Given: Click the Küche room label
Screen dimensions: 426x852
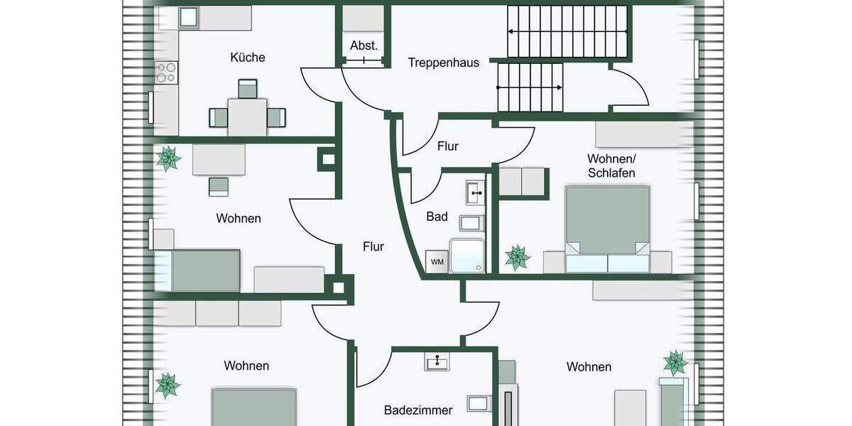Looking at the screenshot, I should click(x=248, y=58).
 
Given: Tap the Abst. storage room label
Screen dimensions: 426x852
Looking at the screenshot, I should click(x=364, y=46).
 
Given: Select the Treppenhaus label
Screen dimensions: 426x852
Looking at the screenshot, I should click(x=443, y=62).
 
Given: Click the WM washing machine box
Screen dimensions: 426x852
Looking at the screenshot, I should click(x=437, y=262).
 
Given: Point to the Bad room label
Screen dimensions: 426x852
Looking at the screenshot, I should click(x=437, y=217).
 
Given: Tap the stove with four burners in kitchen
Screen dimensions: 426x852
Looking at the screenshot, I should click(x=166, y=72).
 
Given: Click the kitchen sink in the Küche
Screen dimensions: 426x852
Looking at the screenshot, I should click(x=187, y=17).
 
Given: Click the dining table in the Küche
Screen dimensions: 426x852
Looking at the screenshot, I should click(x=247, y=116).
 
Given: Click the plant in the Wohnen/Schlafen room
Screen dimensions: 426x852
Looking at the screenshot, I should click(x=517, y=257).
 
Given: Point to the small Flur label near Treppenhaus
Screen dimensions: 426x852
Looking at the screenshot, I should click(x=448, y=147).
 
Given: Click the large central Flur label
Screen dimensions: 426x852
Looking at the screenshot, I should click(x=373, y=247).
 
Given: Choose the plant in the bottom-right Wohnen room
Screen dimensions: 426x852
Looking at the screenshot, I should click(x=675, y=363).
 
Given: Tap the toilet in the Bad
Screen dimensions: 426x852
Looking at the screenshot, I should click(x=471, y=223).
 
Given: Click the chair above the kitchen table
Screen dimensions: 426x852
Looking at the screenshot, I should click(x=247, y=89).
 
